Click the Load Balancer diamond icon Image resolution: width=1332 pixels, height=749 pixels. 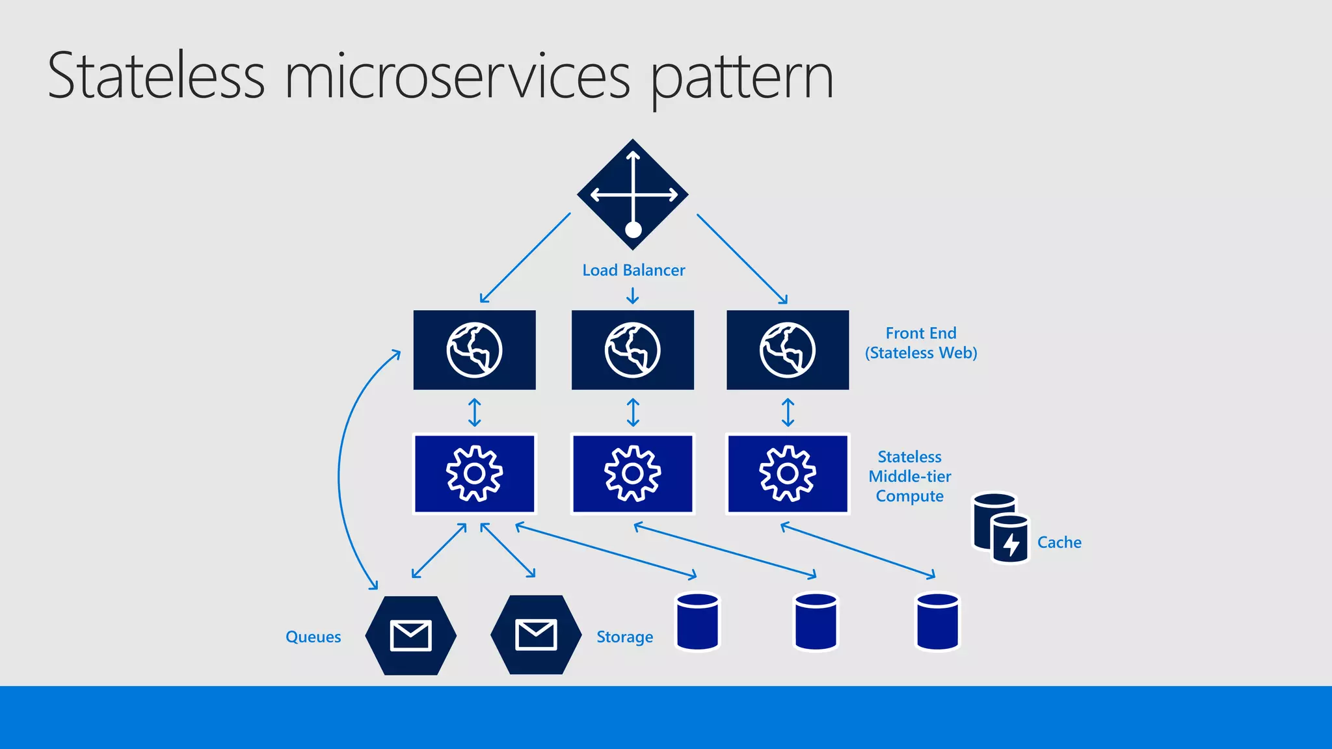[x=633, y=194]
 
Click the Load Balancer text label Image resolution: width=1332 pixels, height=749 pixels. [x=633, y=270]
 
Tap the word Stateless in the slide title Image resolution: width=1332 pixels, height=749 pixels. [x=156, y=76]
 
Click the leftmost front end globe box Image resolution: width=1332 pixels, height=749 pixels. [x=474, y=350]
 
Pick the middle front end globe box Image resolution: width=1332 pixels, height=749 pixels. [x=632, y=350]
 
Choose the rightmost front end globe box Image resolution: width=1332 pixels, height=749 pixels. [x=787, y=350]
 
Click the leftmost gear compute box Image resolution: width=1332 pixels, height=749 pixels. [x=474, y=473]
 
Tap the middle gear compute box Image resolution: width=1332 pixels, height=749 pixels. [x=632, y=473]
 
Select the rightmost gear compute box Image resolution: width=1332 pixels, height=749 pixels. [x=787, y=473]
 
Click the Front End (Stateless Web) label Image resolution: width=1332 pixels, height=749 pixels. [x=921, y=343]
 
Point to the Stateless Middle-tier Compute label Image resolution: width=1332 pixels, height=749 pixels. [x=909, y=476]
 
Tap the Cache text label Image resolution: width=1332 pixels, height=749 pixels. [x=1059, y=542]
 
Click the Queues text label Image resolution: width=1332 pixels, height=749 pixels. [x=313, y=637]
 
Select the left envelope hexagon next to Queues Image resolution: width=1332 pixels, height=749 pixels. [x=410, y=635]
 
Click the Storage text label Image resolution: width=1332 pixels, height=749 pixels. [x=624, y=637]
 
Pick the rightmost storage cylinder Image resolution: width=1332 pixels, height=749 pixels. [x=937, y=621]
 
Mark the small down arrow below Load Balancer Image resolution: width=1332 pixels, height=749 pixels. [x=632, y=296]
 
